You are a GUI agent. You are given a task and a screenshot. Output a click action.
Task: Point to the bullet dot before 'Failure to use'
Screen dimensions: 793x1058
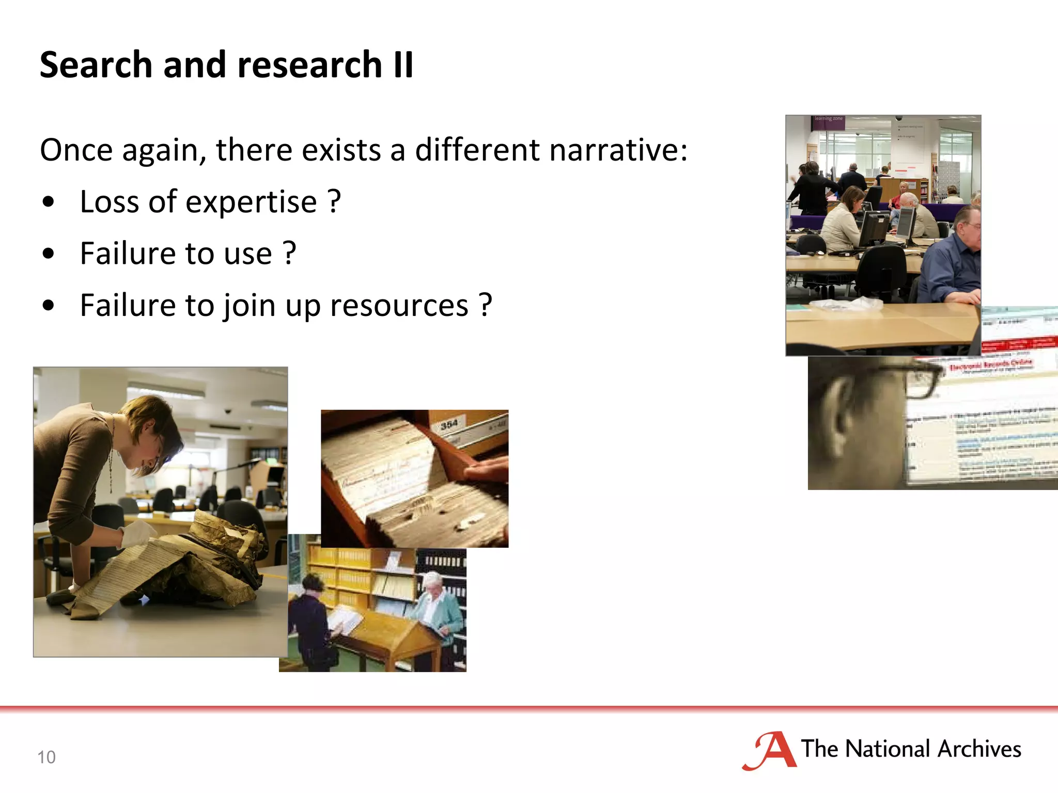pyautogui.click(x=49, y=254)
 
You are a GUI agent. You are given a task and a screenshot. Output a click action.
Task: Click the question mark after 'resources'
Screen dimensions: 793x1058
pyautogui.click(x=485, y=305)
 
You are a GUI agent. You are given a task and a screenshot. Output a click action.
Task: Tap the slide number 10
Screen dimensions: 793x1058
pyautogui.click(x=46, y=757)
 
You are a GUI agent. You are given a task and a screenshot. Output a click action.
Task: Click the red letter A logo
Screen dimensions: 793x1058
pyautogui.click(x=771, y=750)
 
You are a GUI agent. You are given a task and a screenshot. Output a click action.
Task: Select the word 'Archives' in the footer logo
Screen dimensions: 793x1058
pyautogui.click(x=979, y=749)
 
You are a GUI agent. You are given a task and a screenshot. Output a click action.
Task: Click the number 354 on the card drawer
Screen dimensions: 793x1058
pyautogui.click(x=449, y=424)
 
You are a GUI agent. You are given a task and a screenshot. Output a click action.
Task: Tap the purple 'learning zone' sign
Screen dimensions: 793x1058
pyautogui.click(x=828, y=120)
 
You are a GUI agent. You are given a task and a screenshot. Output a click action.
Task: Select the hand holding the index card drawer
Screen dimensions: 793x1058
pyautogui.click(x=483, y=470)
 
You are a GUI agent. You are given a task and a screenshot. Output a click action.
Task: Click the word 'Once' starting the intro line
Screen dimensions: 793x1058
pyautogui.click(x=76, y=150)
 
